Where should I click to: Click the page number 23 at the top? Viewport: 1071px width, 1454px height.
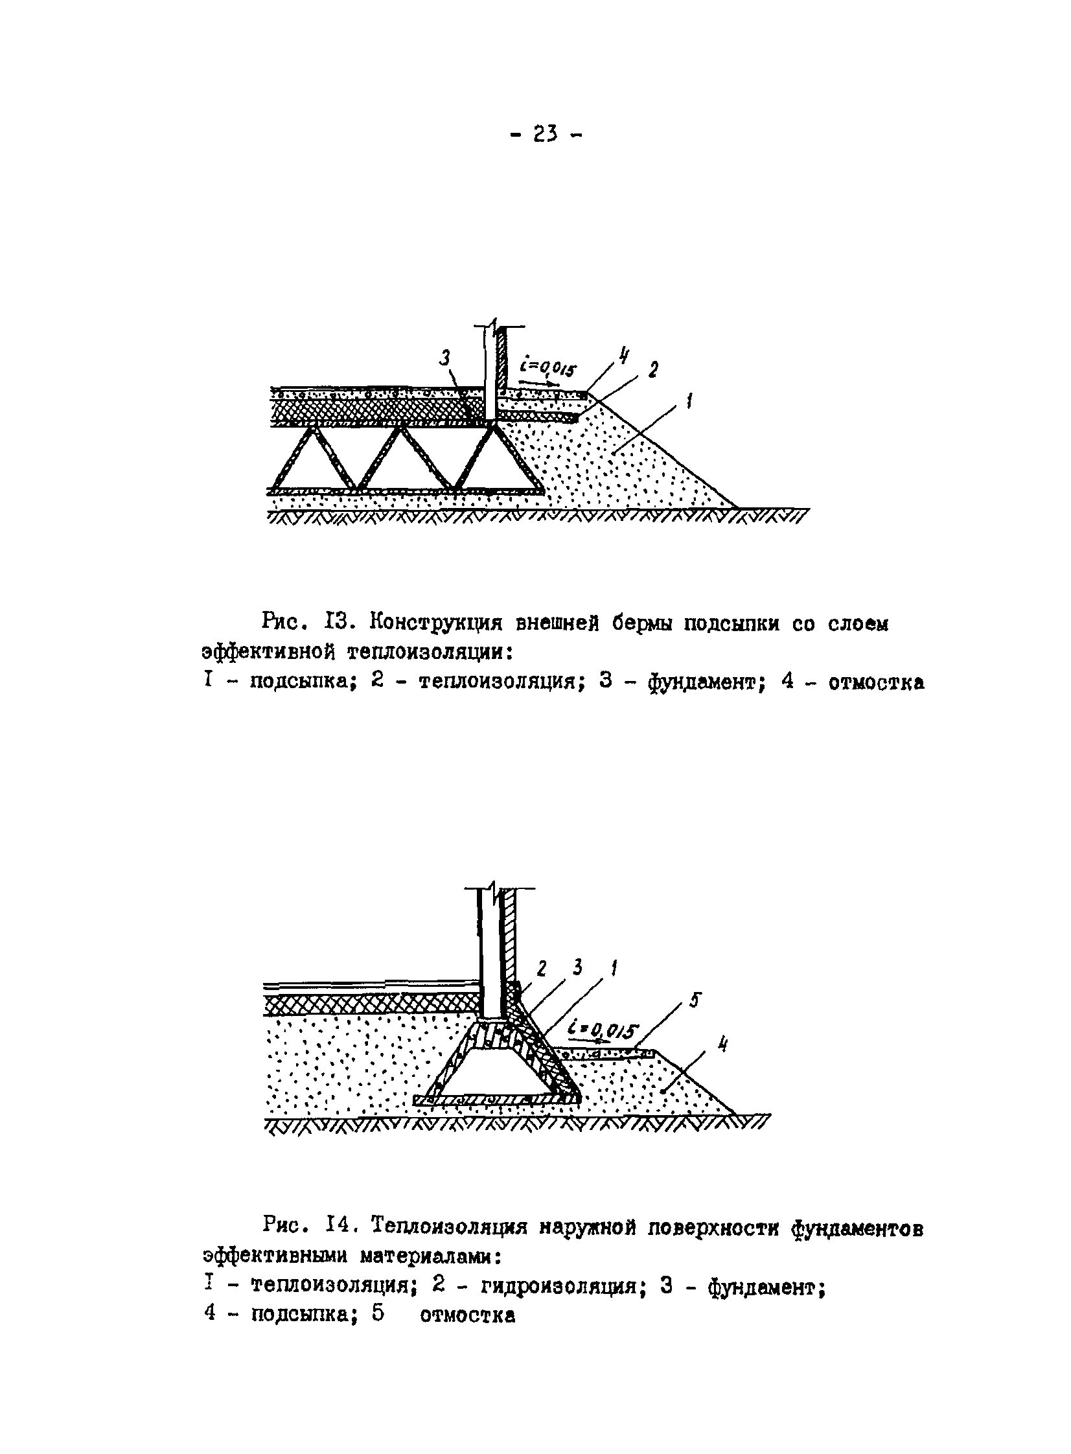click(547, 134)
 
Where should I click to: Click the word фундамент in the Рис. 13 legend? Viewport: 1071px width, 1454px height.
click(704, 683)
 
